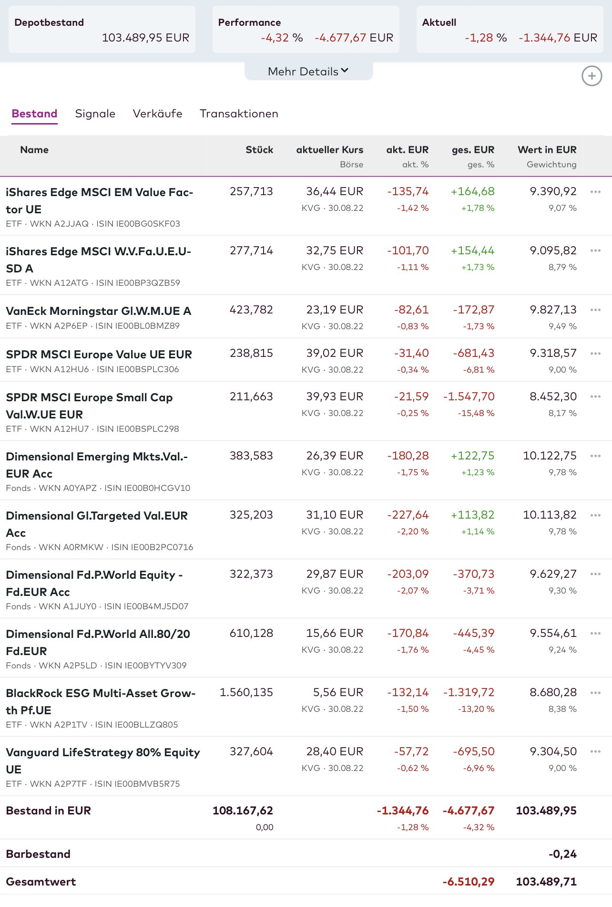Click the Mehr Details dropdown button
point(308,72)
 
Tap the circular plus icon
point(592,76)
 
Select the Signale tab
point(95,114)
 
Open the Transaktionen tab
point(239,114)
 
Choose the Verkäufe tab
point(157,114)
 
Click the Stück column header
point(259,150)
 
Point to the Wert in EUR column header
point(547,150)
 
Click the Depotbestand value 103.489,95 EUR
point(145,38)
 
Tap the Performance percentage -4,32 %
point(282,38)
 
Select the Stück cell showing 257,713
point(251,191)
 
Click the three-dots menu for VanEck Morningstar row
point(595,310)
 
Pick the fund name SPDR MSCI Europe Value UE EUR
point(99,354)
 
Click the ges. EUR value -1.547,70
point(469,396)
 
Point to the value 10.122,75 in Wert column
point(550,456)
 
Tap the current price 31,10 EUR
point(334,515)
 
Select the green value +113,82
point(472,515)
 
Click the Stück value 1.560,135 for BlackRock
point(246,692)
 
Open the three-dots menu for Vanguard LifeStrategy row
point(595,751)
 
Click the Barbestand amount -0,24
point(562,854)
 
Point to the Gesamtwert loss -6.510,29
point(468,882)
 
